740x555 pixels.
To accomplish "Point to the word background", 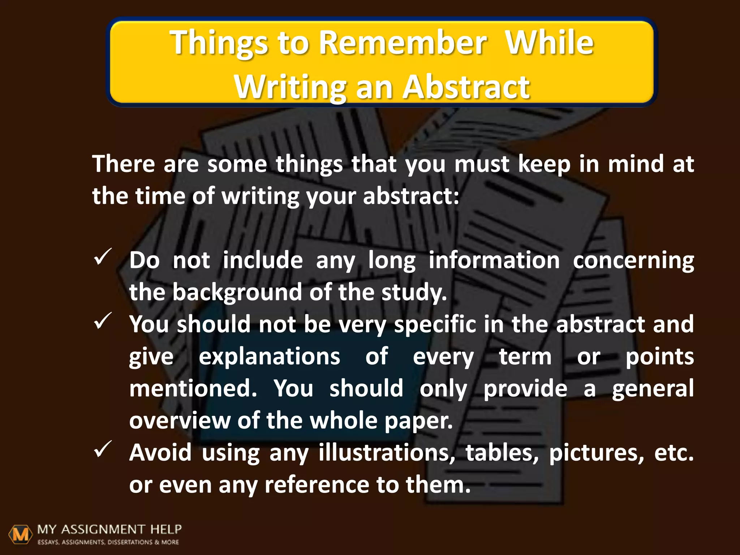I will [x=237, y=292].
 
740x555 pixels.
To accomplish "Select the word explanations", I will [x=270, y=357].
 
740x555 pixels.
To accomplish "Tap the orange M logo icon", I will [x=20, y=534].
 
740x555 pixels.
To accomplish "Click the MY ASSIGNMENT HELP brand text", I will [x=109, y=530].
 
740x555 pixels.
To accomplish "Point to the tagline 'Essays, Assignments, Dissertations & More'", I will [x=108, y=542].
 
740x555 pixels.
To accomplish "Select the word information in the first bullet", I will [x=494, y=260].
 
